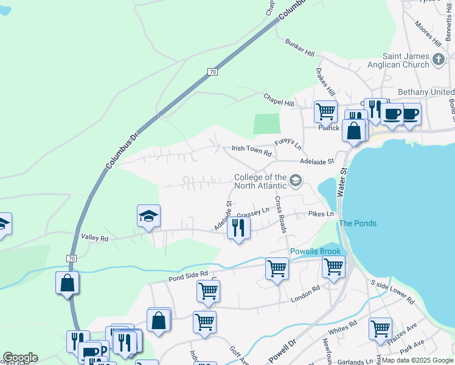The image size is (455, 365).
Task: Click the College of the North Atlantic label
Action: pyautogui.click(x=260, y=181)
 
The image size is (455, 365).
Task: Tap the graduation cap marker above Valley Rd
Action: pyautogui.click(x=148, y=217)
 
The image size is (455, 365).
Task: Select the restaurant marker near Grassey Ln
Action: pyautogui.click(x=238, y=229)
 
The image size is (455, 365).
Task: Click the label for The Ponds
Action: pyautogui.click(x=357, y=223)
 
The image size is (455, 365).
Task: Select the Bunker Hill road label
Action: pyautogui.click(x=299, y=48)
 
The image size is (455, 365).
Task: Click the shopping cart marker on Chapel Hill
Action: pyautogui.click(x=325, y=112)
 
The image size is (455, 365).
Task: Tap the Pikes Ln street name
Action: pyautogui.click(x=321, y=214)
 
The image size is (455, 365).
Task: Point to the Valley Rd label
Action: pyautogui.click(x=94, y=239)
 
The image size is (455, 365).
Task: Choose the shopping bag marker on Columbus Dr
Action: pyautogui.click(x=67, y=283)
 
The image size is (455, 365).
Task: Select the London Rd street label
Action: pyautogui.click(x=305, y=293)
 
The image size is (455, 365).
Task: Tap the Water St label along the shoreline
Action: pyautogui.click(x=342, y=182)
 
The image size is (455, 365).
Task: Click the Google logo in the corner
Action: pyautogui.click(x=20, y=358)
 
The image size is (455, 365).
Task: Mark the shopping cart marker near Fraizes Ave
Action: pyautogui.click(x=380, y=328)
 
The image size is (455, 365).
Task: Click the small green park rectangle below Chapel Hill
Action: pyautogui.click(x=266, y=123)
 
